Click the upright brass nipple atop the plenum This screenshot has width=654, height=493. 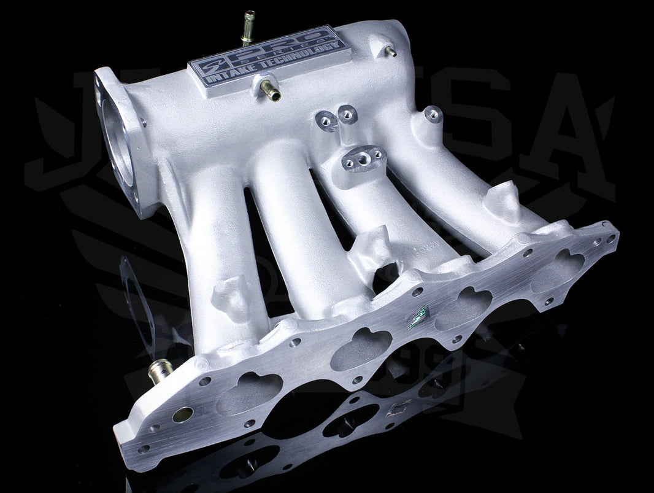[x=248, y=26]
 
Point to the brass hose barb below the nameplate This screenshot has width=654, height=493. [x=270, y=91]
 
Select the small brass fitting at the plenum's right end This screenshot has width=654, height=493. [x=390, y=52]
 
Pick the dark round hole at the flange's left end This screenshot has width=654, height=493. [x=182, y=414]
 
